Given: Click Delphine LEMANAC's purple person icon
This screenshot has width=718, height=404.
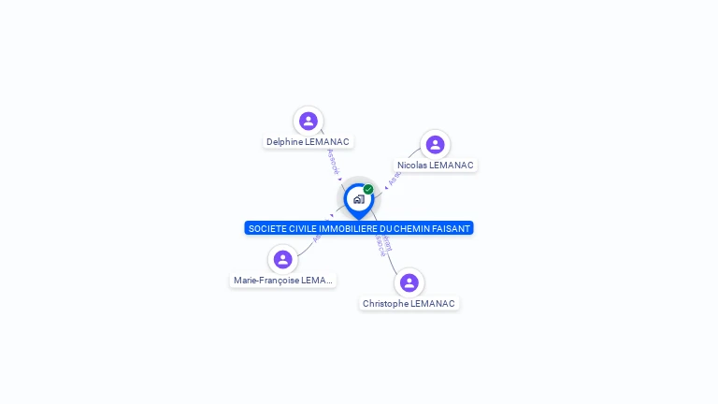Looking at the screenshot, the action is point(309,121).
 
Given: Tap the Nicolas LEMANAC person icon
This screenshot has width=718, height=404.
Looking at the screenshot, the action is point(435,144).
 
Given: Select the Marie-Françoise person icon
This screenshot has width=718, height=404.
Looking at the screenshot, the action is point(283,259).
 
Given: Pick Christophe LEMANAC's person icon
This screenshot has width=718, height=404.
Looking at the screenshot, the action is point(409,282).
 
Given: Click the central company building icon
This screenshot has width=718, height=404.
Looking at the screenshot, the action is point(358,199).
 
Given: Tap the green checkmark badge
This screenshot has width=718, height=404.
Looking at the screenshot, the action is point(368,189).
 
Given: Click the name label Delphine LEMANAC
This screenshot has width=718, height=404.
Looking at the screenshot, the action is point(308,142).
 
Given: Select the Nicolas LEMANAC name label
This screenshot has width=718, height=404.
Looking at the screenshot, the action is point(436,166).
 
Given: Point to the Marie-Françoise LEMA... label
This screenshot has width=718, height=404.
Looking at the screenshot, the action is point(282,281).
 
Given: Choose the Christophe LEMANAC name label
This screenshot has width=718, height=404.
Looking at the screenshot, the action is point(409,304).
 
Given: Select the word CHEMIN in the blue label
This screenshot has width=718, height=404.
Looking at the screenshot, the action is point(412,228).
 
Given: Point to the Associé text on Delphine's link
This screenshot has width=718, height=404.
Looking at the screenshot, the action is point(333,161).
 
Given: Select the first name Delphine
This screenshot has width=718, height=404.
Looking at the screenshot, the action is point(284,142).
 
